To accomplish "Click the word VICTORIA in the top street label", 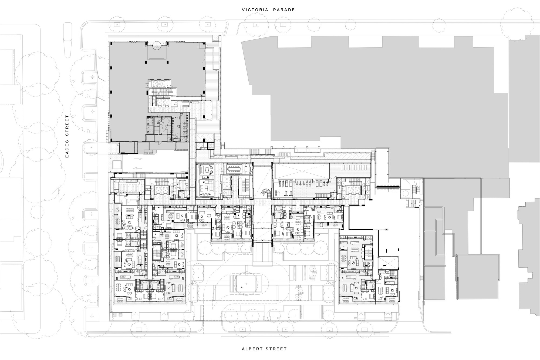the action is pos(255,10).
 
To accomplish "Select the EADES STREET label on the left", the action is pos(67,137).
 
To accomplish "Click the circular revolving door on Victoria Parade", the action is pos(157,45).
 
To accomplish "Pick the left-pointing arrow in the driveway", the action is pos(138,168).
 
